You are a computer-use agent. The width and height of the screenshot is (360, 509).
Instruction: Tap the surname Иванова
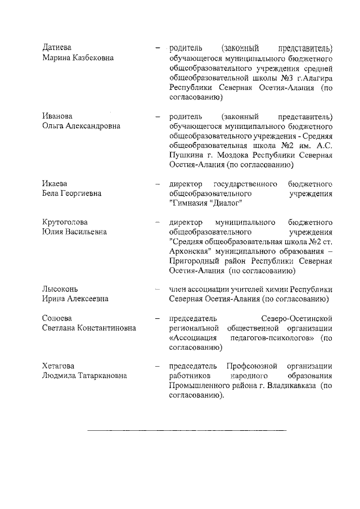tap(58, 116)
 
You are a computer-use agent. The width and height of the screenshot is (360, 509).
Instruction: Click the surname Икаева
tap(56, 184)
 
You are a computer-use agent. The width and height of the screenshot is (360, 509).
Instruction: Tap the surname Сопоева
tap(58, 318)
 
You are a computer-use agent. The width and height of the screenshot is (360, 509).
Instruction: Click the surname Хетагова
tap(60, 366)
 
